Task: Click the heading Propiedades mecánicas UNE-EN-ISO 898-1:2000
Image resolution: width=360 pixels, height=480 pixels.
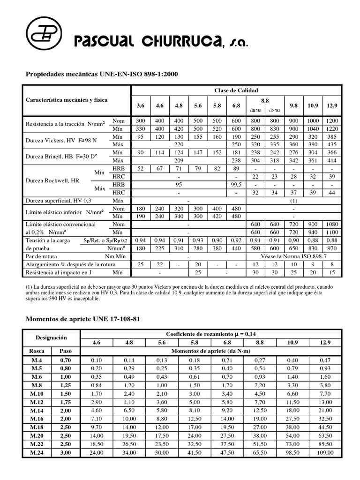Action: click(101, 74)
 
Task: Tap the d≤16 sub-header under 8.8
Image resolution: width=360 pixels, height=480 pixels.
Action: click(256, 110)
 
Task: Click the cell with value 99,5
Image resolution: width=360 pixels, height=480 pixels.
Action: click(236, 185)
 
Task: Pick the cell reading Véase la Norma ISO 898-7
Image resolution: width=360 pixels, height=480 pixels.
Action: click(294, 257)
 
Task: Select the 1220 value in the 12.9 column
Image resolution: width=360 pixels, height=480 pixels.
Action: click(331, 128)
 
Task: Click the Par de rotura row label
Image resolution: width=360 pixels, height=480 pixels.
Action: click(44, 257)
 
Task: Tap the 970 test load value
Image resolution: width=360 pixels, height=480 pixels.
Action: click(331, 249)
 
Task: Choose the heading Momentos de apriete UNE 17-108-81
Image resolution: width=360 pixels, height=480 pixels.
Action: click(82, 319)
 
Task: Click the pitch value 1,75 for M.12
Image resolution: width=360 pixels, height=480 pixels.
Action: click(65, 402)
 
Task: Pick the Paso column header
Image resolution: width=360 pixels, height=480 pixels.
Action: click(65, 350)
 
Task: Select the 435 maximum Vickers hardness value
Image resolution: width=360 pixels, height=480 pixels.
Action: click(331, 144)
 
